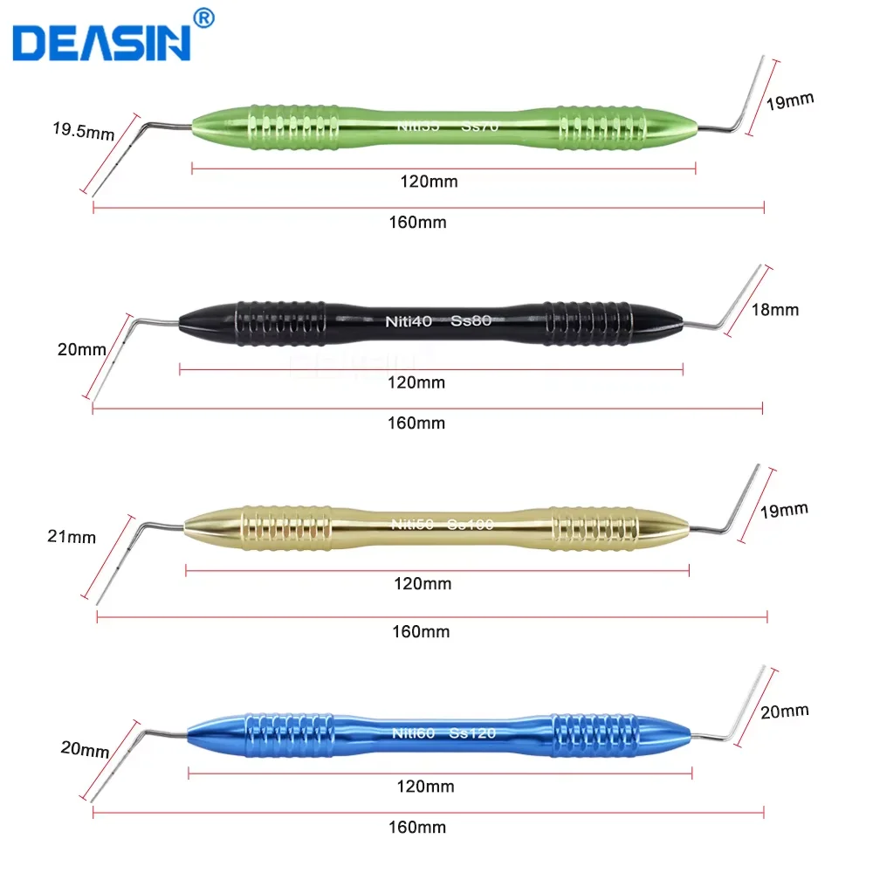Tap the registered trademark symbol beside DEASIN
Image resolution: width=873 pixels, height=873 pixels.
click(x=202, y=17)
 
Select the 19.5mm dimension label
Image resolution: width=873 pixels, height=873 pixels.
click(x=83, y=132)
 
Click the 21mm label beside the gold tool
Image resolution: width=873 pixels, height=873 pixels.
click(x=72, y=537)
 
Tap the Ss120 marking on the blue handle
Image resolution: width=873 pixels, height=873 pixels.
click(x=472, y=732)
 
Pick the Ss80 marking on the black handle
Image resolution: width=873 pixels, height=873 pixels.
click(x=472, y=320)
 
